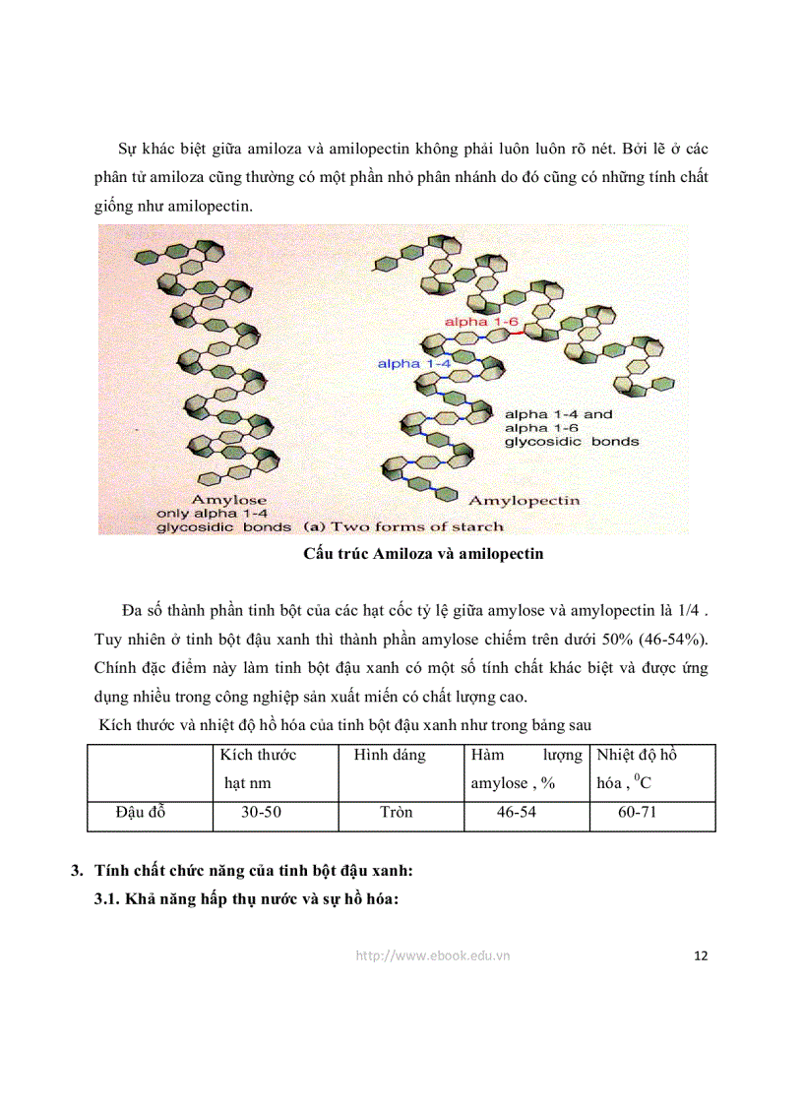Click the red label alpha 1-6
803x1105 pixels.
(481, 323)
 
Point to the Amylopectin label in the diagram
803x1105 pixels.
(524, 500)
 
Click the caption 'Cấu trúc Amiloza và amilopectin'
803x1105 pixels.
(423, 554)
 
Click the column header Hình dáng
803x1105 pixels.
(390, 756)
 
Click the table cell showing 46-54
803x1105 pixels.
(516, 813)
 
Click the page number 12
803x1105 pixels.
(701, 955)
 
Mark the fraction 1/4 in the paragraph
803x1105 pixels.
(688, 611)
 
